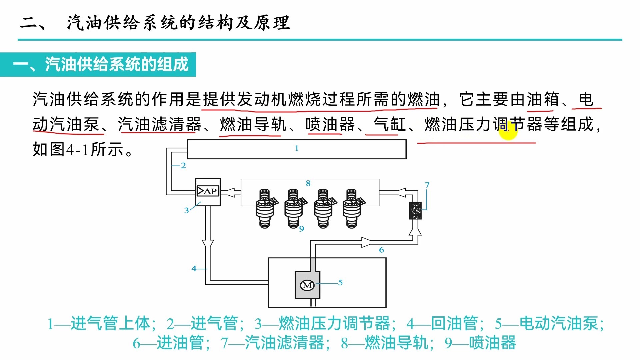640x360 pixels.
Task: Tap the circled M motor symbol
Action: [x=307, y=285]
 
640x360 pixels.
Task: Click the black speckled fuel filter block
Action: [x=415, y=210]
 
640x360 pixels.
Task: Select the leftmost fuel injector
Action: [x=265, y=209]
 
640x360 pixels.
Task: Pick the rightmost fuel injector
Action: [x=352, y=209]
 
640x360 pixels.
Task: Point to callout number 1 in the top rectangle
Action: [x=296, y=148]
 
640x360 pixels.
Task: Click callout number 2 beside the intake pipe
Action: [x=183, y=165]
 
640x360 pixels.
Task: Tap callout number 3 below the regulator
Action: [x=186, y=210]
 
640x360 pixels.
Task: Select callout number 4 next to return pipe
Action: [x=194, y=268]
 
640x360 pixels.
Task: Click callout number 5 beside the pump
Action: [x=340, y=282]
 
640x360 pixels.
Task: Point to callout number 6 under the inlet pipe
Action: [x=381, y=250]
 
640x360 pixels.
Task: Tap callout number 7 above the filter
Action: [x=427, y=185]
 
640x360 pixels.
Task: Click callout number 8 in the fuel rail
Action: [x=308, y=183]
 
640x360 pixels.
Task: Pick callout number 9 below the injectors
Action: [x=301, y=229]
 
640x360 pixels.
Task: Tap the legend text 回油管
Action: [x=454, y=323]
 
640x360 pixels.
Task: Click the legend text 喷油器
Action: [x=492, y=343]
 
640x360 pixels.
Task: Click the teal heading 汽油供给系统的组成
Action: [x=117, y=64]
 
